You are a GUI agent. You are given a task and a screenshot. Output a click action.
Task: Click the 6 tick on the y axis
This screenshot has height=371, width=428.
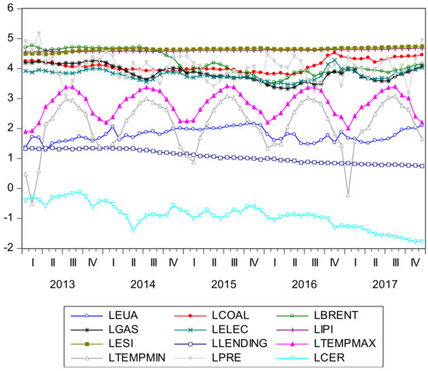9,9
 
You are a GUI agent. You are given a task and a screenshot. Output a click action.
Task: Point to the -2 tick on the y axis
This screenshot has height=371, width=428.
7,248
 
